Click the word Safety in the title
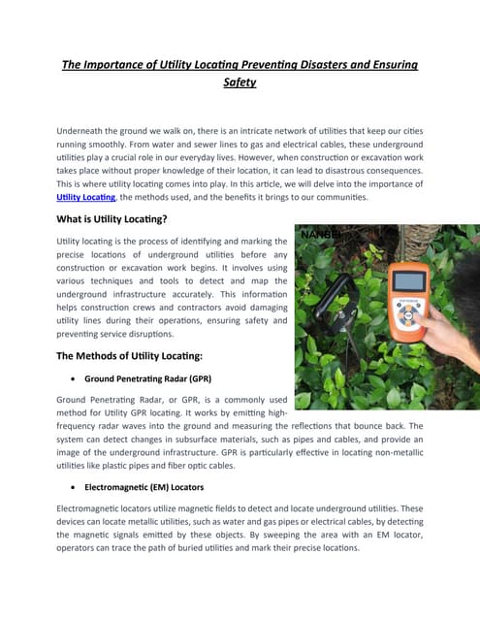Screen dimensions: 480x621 240,82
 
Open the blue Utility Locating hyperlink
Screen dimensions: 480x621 82,197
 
